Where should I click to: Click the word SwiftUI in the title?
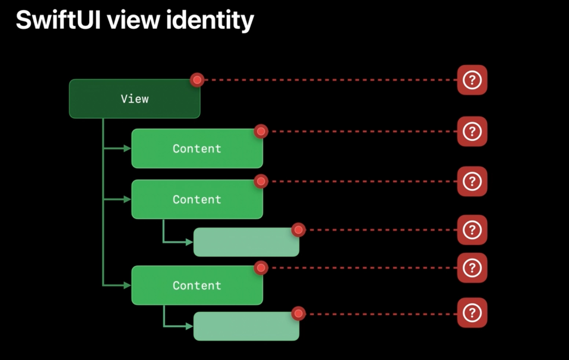click(x=58, y=20)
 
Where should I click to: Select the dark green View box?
click(x=135, y=99)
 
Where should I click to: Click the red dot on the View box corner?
click(x=197, y=80)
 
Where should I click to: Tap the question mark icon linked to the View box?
click(x=472, y=80)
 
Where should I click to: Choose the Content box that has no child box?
click(x=197, y=148)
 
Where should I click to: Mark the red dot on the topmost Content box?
click(x=261, y=131)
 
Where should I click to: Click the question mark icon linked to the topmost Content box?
click(x=472, y=131)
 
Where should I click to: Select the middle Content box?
click(x=197, y=199)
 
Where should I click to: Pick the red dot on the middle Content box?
click(x=261, y=181)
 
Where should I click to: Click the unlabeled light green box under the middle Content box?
click(x=246, y=242)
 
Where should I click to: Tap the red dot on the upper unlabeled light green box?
click(x=298, y=230)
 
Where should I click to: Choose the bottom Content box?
click(x=197, y=285)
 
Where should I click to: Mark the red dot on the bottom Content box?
click(x=261, y=268)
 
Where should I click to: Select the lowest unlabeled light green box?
click(x=246, y=326)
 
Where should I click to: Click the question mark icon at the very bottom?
click(x=472, y=313)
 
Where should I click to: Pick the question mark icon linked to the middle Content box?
click(x=472, y=181)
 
